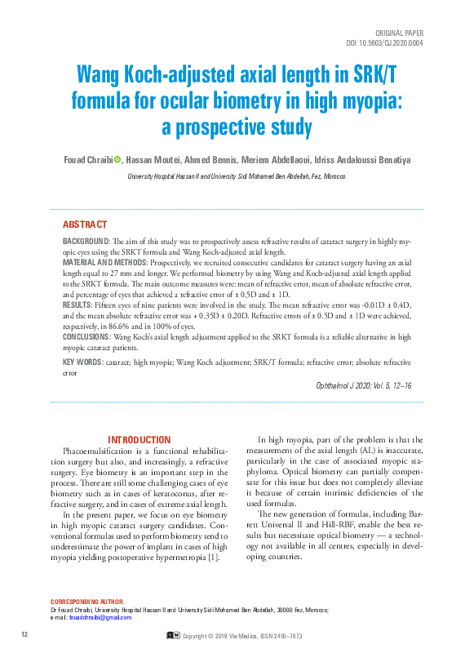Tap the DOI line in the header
click(385, 43)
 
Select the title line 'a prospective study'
click(237, 127)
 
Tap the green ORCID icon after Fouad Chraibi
click(117, 159)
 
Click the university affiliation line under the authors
click(237, 176)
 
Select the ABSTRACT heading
click(85, 224)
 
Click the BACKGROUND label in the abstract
click(86, 242)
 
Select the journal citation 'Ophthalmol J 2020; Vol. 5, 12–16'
click(363, 385)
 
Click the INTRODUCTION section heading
click(140, 440)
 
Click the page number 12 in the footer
click(25, 634)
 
